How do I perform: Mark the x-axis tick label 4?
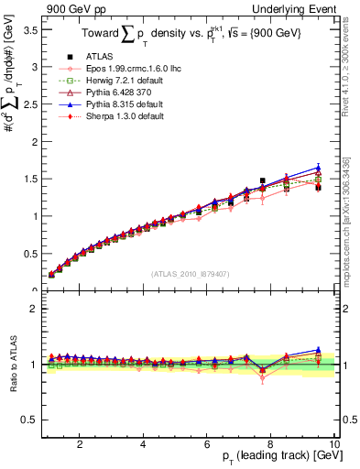click(144, 442)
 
